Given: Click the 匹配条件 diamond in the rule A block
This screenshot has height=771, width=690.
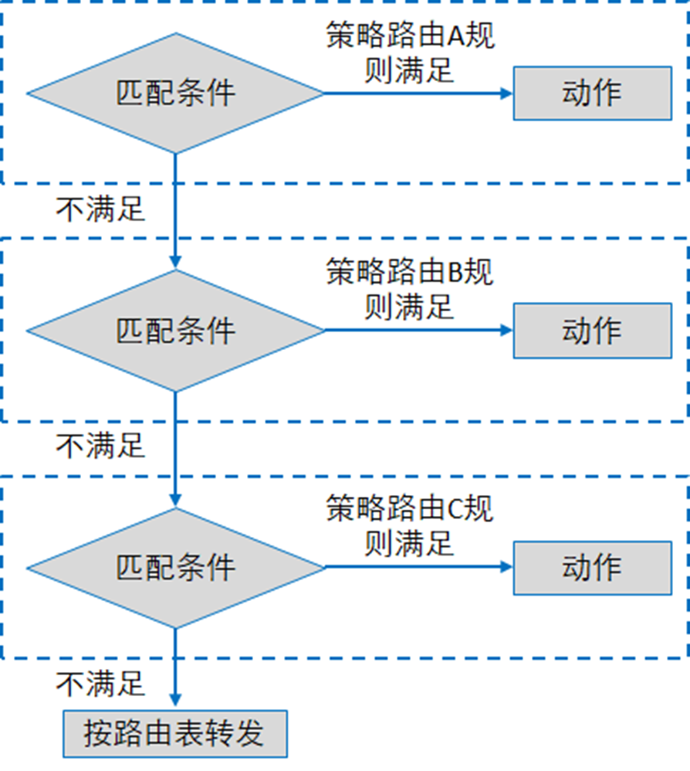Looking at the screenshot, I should click(175, 93).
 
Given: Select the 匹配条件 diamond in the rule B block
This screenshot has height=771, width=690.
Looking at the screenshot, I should click(175, 331).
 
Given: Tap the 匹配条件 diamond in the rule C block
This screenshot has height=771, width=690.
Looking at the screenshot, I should click(175, 567).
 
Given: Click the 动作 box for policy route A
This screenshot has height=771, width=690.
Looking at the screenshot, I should click(592, 93).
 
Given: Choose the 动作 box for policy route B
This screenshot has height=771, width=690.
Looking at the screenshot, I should click(592, 330).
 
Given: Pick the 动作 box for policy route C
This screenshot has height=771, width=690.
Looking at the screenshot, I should click(592, 567).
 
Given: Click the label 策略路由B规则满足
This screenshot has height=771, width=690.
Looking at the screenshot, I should click(409, 290).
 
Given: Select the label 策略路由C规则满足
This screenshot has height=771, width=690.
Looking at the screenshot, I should click(409, 526).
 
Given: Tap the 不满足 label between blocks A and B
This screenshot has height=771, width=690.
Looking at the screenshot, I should click(100, 209).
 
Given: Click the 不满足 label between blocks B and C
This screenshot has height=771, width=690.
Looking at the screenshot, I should click(100, 446).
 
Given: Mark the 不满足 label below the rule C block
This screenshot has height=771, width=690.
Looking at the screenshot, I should click(100, 683).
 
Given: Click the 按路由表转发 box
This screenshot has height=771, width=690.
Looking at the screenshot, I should click(174, 733).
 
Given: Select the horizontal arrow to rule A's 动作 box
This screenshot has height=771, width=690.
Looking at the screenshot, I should click(417, 93).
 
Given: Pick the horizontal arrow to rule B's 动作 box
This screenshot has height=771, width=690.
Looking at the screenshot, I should click(417, 331).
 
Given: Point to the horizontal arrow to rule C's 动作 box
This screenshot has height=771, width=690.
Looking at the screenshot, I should click(417, 567).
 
